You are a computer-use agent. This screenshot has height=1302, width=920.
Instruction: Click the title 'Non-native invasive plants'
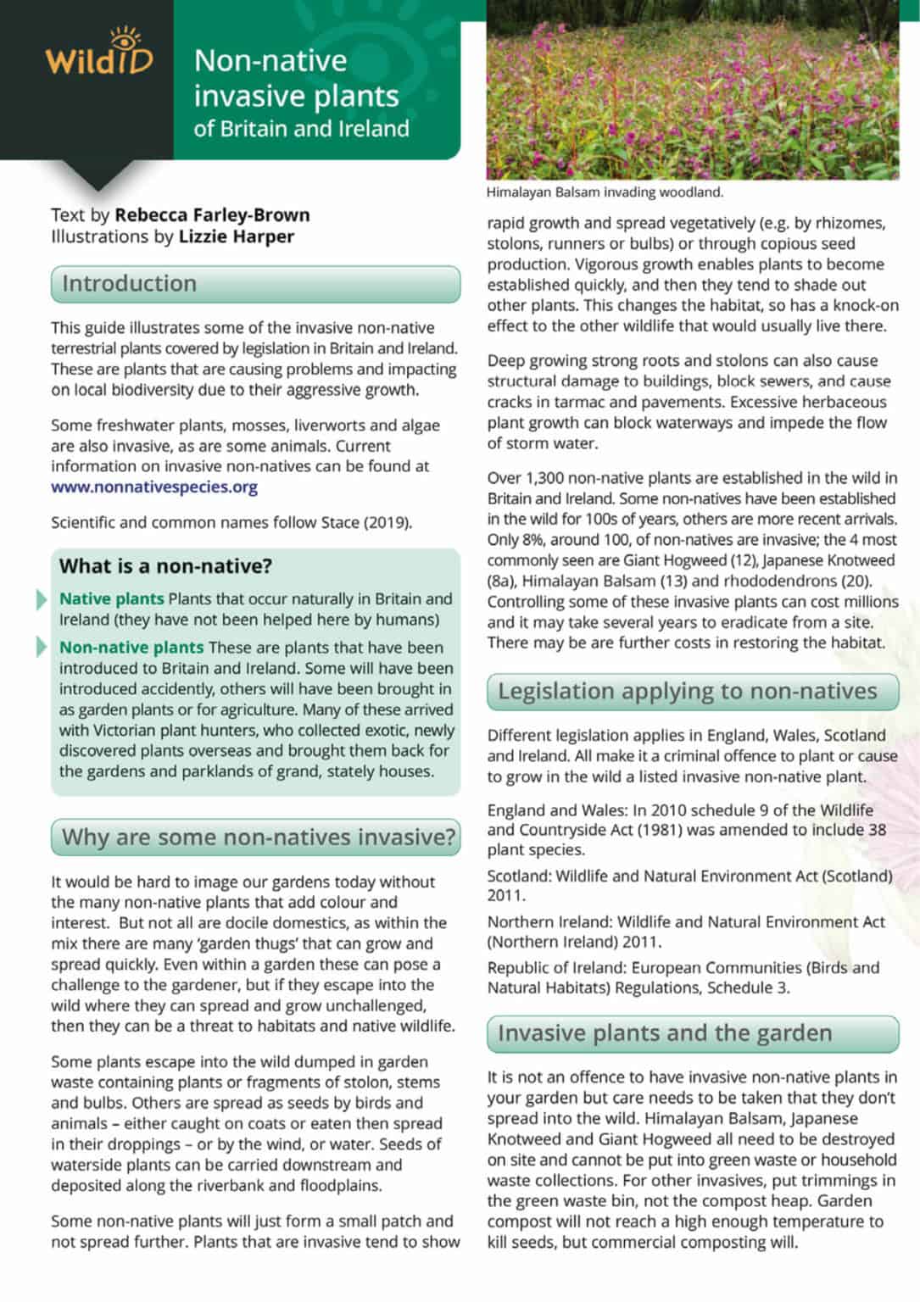point(296,78)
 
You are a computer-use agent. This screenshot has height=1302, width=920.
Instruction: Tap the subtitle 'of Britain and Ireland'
point(301,129)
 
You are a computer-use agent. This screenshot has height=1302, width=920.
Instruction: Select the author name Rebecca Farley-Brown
point(212,215)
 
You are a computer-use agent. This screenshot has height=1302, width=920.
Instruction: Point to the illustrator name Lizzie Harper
point(236,236)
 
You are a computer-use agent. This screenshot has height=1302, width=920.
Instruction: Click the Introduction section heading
point(129,284)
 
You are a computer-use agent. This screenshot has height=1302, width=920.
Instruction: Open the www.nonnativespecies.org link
point(154,487)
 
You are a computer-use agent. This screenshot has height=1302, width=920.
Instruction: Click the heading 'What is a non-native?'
point(165,566)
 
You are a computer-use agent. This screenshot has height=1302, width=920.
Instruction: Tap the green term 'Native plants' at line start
point(111,599)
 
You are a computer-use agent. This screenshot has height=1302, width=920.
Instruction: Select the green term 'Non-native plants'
point(131,648)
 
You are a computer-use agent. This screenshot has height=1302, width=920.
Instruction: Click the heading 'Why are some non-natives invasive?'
point(259,837)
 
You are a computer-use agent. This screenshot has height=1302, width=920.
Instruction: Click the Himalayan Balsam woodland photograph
point(692,89)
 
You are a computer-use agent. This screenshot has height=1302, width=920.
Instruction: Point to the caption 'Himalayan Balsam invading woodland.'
point(605,192)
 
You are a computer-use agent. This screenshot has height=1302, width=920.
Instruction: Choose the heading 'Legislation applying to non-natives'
point(687,692)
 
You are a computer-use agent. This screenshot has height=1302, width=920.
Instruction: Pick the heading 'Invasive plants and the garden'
point(665,1033)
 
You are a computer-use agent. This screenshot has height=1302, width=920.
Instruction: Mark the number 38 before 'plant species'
point(877,830)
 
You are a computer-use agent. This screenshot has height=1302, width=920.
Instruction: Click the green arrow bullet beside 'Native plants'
point(42,599)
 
